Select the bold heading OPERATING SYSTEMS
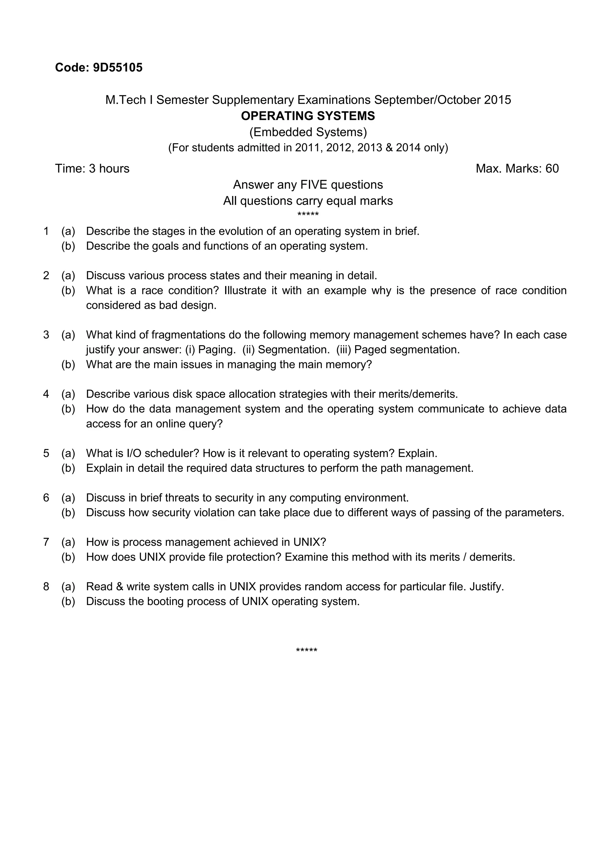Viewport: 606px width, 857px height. (x=308, y=116)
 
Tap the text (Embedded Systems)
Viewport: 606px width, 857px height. (x=308, y=132)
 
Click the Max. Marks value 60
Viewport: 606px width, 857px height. (x=552, y=169)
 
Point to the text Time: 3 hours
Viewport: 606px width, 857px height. (x=92, y=169)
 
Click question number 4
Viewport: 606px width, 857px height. (x=46, y=394)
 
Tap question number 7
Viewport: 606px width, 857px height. (x=46, y=542)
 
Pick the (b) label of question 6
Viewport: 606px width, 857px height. (x=68, y=512)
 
